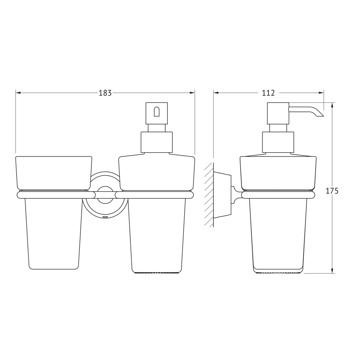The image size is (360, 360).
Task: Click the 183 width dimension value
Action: tap(105, 93)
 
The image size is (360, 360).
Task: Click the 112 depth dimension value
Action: tap(268, 93)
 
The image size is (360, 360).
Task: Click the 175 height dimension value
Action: tap(332, 191)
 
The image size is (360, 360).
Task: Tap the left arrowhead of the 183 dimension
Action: tap(18, 93)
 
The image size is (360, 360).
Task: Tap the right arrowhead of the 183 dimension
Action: tap(192, 93)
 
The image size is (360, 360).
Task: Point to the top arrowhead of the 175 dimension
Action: tap(332, 105)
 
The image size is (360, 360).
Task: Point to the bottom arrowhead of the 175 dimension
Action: tap(332, 270)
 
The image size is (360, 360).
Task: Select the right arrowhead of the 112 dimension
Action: tap(321, 93)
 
